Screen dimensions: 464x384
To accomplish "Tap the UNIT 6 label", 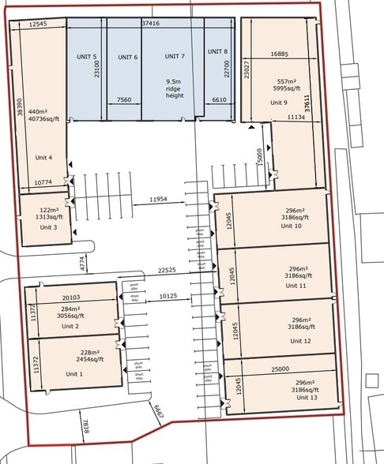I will [x=128, y=57].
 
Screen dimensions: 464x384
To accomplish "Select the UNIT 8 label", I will [x=217, y=52].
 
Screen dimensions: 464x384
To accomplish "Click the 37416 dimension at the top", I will [x=151, y=24].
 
